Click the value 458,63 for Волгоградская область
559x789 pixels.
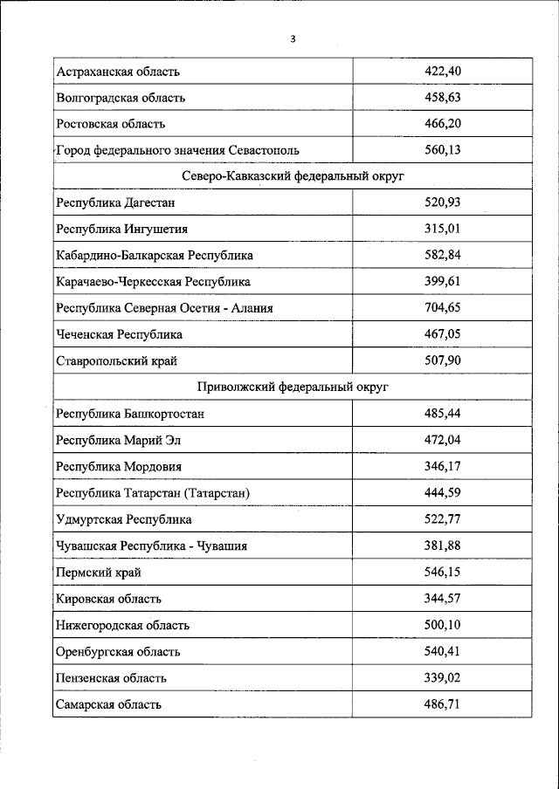(442, 98)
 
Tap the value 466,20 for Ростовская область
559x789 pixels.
(442, 124)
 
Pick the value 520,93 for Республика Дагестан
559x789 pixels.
(442, 202)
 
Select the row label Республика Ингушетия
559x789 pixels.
(121, 229)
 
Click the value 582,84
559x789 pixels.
(442, 255)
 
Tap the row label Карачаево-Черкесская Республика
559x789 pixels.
(153, 281)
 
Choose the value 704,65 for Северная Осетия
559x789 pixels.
(442, 307)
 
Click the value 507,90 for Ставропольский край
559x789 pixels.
(442, 360)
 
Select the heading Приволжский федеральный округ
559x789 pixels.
(293, 386)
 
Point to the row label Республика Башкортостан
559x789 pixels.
(135, 413)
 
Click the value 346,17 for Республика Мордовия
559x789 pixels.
(442, 466)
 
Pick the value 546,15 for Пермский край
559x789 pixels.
(442, 572)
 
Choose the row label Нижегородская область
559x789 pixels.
(122, 625)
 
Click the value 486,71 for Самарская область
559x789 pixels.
(442, 703)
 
